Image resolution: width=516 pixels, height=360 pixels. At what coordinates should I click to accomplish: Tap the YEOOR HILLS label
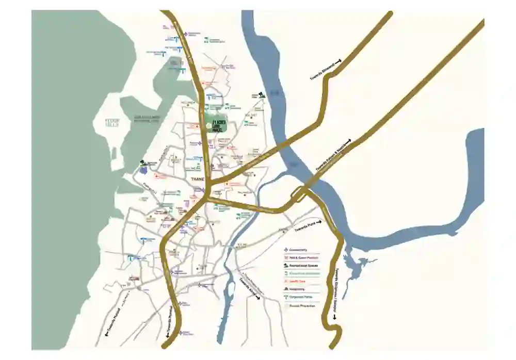[112, 123]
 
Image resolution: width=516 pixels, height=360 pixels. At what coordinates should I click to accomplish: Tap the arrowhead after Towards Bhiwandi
[339, 61]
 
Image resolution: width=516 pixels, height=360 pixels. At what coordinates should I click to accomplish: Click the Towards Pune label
[305, 226]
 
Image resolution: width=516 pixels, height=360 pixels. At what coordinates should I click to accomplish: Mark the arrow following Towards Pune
[319, 222]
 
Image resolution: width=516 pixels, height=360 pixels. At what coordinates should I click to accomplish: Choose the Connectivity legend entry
[299, 250]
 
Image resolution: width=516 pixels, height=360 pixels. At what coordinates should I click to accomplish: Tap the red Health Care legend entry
[299, 282]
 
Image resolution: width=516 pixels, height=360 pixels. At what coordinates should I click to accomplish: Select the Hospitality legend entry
[299, 289]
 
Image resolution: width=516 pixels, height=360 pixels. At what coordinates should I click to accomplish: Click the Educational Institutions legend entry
[304, 273]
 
